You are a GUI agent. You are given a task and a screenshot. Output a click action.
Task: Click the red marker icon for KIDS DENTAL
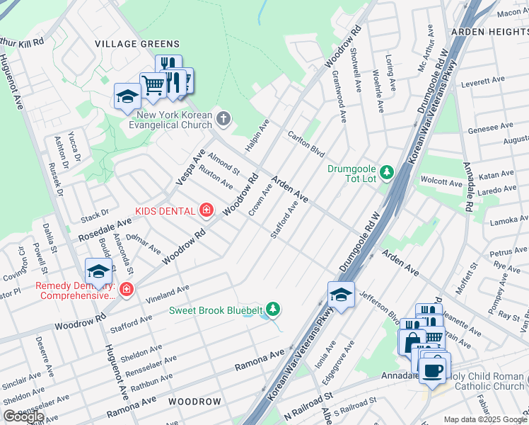[206, 210]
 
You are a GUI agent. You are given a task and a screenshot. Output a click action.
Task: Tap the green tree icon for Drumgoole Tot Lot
[386, 171]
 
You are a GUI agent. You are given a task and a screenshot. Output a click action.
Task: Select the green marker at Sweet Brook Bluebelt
[273, 310]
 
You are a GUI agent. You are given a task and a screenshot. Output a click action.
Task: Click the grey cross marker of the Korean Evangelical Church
[224, 118]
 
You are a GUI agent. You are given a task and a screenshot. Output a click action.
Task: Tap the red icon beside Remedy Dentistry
[126, 290]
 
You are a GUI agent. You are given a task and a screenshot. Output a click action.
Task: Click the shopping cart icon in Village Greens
[153, 86]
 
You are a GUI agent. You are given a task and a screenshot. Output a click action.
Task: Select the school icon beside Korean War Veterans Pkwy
[341, 294]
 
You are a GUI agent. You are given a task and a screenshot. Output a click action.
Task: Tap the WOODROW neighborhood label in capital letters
[194, 402]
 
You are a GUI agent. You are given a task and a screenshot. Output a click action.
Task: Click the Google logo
[23, 416]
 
